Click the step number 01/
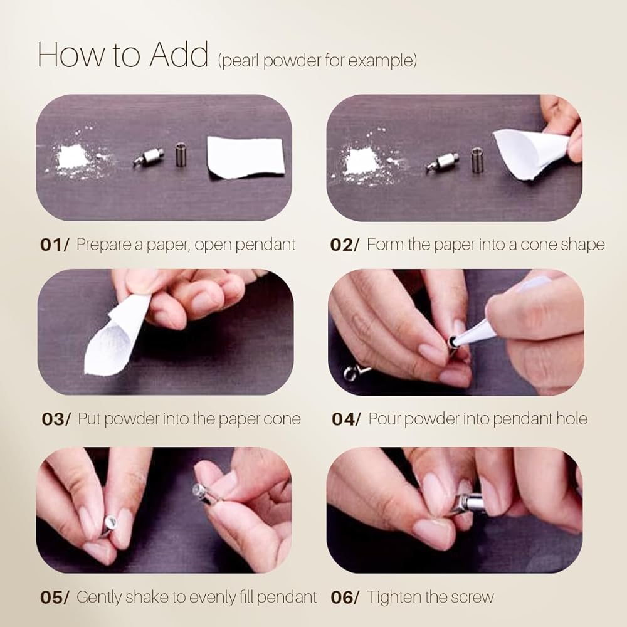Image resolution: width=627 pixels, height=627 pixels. click(54, 245)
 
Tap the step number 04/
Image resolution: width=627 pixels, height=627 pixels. click(345, 419)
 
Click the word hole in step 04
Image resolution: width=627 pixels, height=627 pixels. click(572, 419)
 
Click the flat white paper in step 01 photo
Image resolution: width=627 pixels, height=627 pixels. click(246, 158)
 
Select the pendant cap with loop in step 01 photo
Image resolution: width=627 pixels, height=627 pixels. click(150, 157)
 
